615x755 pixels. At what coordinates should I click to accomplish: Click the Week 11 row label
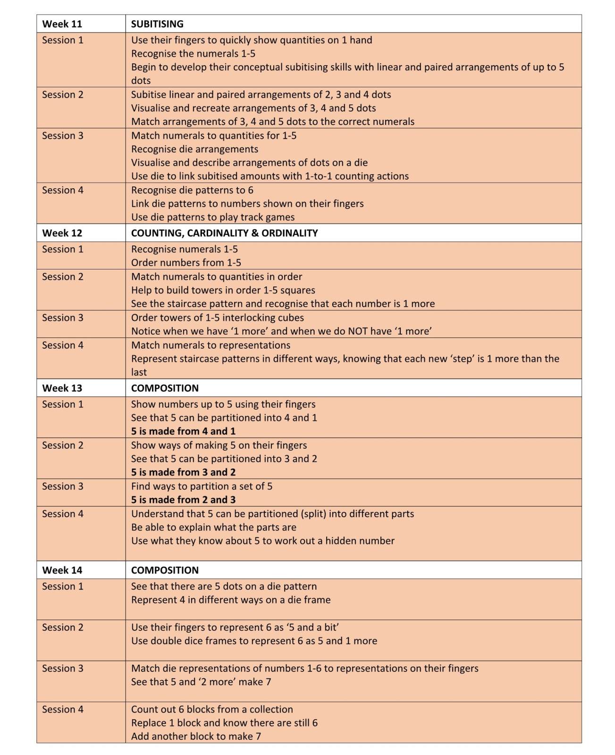[62, 24]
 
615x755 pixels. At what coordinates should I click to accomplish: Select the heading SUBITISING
[157, 24]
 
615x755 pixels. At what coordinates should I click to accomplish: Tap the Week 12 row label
[62, 233]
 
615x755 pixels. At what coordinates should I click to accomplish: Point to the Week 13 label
[62, 388]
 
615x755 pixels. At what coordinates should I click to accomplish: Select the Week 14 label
[62, 570]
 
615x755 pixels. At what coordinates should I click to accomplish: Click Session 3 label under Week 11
[62, 135]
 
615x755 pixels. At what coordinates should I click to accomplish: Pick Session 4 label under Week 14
[62, 709]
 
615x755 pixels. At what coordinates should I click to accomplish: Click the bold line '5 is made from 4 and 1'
[183, 431]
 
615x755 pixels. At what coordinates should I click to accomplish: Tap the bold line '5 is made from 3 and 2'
[183, 472]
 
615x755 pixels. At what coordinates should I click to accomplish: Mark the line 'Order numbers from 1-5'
[186, 262]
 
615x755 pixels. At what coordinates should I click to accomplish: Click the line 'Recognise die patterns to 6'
[192, 190]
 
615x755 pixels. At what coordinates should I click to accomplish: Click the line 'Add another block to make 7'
[196, 736]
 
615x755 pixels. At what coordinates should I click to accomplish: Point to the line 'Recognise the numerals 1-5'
[193, 53]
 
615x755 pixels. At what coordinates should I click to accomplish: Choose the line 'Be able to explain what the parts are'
[214, 527]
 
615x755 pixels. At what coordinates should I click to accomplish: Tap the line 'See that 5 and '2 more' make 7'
[201, 681]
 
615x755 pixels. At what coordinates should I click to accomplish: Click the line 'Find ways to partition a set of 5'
[202, 486]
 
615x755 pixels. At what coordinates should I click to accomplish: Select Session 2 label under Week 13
[62, 445]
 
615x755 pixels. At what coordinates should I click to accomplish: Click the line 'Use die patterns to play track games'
[213, 217]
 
